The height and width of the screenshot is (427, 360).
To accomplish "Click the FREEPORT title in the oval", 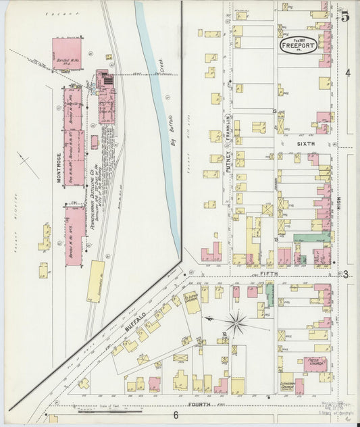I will coord(298,47).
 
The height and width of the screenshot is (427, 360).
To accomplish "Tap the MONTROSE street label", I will coord(59,168).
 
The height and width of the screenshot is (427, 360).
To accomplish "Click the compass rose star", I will coord(236,323).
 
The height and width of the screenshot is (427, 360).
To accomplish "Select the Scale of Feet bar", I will coord(108,409).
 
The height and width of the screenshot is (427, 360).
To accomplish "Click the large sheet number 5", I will coord(344,17).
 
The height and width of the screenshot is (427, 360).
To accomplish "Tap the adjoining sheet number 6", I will coord(175,415).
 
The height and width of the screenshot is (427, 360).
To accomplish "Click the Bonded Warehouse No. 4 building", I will coord(68,54).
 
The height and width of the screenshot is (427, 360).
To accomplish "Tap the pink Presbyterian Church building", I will coord(315,364).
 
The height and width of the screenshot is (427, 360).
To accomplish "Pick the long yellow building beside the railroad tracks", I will coord(96,281).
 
